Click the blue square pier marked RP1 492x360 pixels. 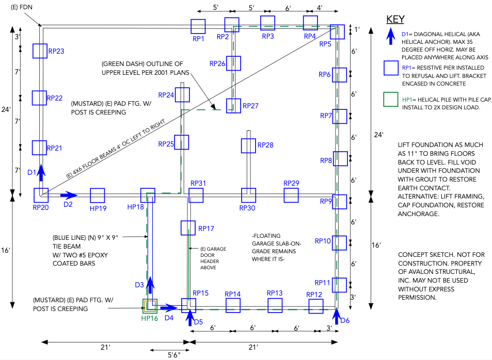point(198,27)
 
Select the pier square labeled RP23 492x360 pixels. point(40,51)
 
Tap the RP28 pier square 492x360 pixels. point(248,146)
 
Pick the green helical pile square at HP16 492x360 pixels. point(150,306)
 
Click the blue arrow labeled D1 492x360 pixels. point(40,172)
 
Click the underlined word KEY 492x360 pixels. point(395,20)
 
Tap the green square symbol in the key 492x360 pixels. point(391,100)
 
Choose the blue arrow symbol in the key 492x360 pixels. point(391,40)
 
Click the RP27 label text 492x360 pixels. point(250,106)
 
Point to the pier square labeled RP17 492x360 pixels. point(188,228)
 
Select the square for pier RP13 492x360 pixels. point(275,305)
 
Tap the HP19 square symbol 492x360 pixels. point(98,195)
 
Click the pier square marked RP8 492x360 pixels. point(340,158)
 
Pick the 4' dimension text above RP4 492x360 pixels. point(321,8)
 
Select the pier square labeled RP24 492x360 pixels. point(182,95)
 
